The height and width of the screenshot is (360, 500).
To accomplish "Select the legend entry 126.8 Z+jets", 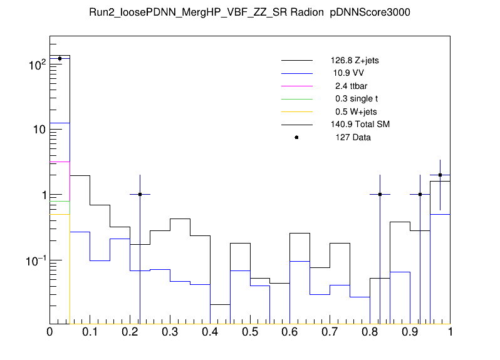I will pos(355,61).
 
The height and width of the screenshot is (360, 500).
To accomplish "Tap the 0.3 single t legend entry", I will pos(352,99).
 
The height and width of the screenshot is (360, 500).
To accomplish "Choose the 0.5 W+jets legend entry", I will pos(350,111).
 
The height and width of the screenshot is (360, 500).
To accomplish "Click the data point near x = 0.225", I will pos(140,194).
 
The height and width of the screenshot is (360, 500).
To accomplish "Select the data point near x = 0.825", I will pos(380,194).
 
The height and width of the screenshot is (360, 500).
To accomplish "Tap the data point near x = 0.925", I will pos(420,194).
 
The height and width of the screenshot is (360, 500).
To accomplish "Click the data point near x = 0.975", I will pos(440,175).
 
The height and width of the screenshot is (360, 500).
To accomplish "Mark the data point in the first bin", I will pos(60,59).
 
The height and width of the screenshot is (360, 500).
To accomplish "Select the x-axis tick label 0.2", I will pos(130,331).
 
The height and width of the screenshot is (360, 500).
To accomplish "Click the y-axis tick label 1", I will pos(41,195).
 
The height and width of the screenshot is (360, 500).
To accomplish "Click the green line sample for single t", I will pos(296,99).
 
